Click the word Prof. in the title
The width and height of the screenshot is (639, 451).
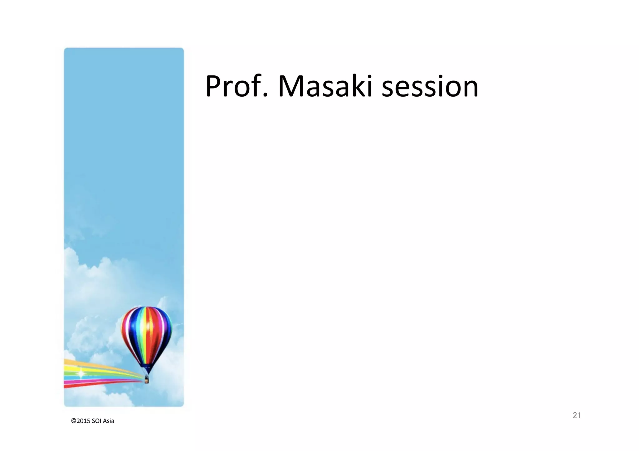click(237, 86)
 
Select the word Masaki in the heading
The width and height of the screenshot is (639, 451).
click(325, 86)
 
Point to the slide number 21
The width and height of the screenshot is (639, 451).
click(577, 415)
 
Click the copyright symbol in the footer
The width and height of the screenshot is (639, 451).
click(74, 421)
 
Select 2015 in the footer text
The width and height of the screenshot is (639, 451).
click(83, 421)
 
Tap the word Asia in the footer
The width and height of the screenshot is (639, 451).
click(109, 421)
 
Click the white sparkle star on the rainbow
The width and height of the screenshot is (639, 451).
click(81, 373)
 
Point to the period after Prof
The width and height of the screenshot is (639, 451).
click(266, 96)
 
